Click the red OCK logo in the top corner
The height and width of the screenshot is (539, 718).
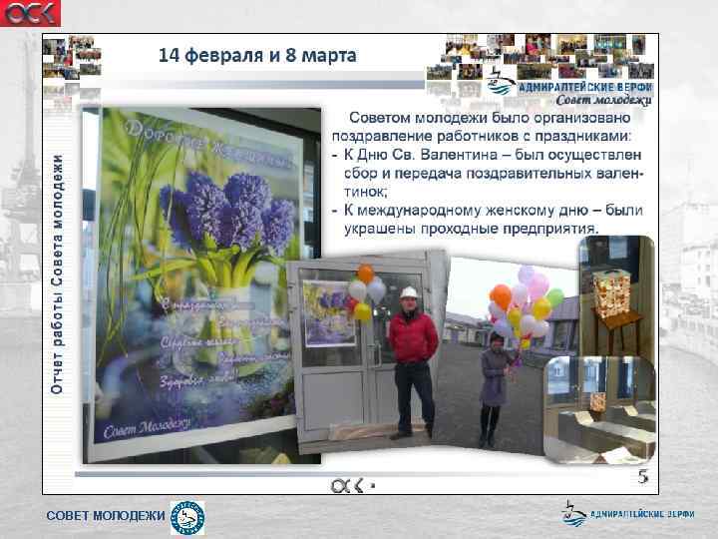(30, 13)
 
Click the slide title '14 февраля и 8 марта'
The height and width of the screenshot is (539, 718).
(256, 55)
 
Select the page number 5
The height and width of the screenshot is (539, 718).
(643, 477)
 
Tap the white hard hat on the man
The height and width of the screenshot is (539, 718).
(408, 292)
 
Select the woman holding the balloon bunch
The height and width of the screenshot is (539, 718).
(493, 384)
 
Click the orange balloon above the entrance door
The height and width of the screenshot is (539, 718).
(365, 273)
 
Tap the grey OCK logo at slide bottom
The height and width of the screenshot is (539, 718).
(348, 484)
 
